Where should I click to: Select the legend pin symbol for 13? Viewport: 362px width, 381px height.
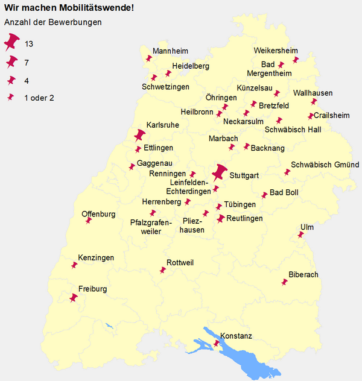click(11, 42)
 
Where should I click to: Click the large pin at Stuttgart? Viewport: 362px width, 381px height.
click(220, 173)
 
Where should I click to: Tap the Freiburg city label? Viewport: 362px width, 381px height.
click(92, 289)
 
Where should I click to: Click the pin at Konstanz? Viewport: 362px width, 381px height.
click(217, 344)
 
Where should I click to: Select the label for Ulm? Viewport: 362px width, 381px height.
click(306, 227)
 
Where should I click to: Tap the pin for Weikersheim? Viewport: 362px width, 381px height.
click(296, 59)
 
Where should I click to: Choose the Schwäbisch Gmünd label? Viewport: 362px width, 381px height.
click(325, 165)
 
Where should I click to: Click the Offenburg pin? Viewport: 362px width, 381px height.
click(89, 221)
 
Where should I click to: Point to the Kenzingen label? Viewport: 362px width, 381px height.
click(96, 258)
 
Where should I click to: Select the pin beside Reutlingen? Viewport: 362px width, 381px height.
click(221, 218)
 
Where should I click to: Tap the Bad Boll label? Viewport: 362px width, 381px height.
click(284, 193)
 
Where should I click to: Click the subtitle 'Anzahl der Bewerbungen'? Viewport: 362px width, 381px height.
click(52, 22)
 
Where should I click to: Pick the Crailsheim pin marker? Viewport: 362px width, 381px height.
click(311, 116)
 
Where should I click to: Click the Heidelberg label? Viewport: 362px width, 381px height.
click(190, 66)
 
